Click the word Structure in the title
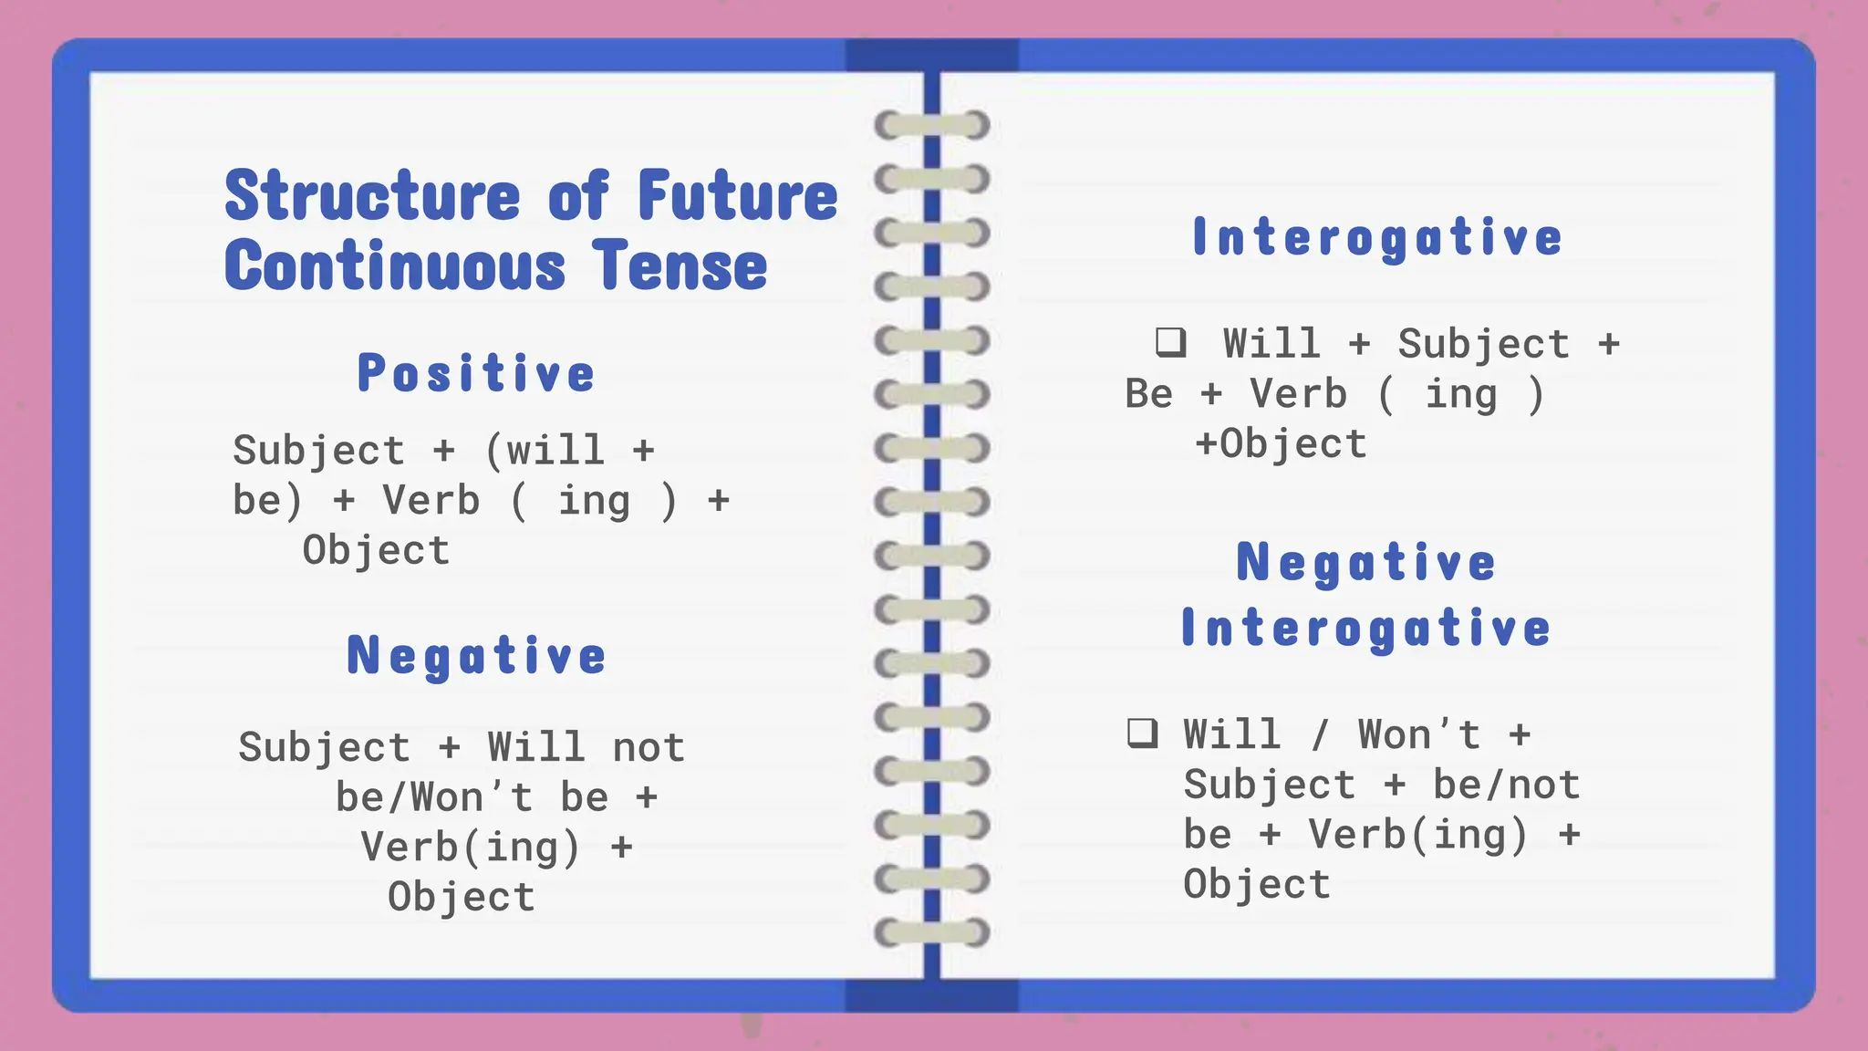click(x=372, y=196)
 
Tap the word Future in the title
click(x=737, y=196)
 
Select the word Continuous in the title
click(x=395, y=266)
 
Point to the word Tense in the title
click(x=680, y=266)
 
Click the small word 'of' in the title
click(x=578, y=196)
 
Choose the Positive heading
click(x=476, y=373)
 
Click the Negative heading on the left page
click(x=476, y=656)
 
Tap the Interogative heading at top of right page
click(x=1377, y=237)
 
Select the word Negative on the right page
click(x=1366, y=562)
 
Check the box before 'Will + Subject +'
click(x=1170, y=342)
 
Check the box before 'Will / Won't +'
click(x=1142, y=733)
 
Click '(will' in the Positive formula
click(x=545, y=451)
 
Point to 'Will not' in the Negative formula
click(x=586, y=747)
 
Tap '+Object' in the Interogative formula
click(x=1281, y=444)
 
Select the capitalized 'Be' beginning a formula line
click(x=1148, y=394)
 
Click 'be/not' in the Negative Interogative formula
click(x=1506, y=785)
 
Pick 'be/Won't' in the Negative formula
click(x=434, y=797)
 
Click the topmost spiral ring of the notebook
click(x=932, y=125)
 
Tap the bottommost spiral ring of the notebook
click(x=932, y=932)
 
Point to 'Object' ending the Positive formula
click(x=376, y=550)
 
